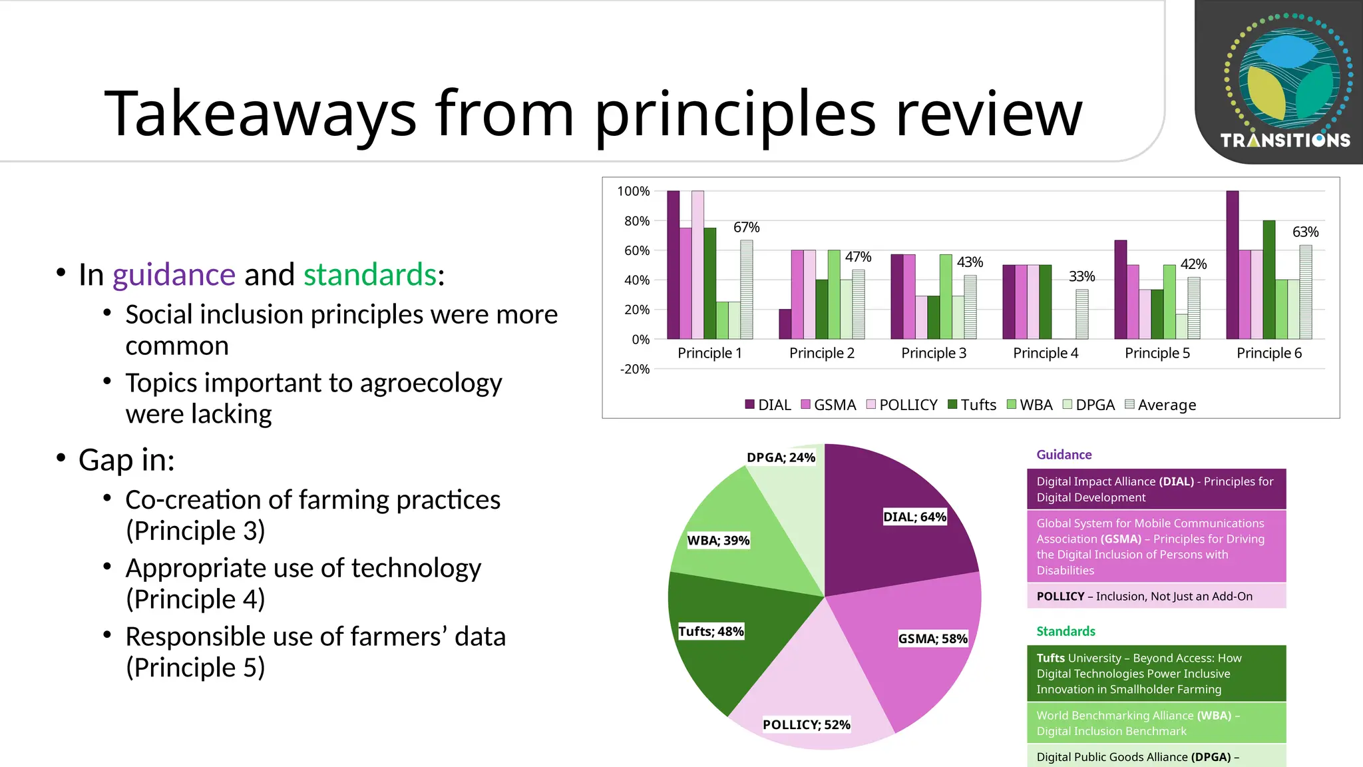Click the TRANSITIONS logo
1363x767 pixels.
[1284, 80]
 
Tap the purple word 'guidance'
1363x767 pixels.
[174, 275]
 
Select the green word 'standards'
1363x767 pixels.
[369, 275]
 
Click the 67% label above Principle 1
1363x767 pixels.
[746, 228]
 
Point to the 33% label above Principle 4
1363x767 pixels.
[1081, 276]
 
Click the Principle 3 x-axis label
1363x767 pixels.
[933, 354]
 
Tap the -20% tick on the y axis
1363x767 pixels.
[634, 370]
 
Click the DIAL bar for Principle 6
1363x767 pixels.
[1232, 266]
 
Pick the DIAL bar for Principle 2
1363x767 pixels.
[785, 324]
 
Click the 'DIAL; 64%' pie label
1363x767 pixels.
[914, 517]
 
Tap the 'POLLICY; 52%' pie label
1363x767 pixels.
[806, 724]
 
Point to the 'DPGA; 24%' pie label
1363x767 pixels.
[781, 457]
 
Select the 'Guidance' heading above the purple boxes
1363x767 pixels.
[1064, 455]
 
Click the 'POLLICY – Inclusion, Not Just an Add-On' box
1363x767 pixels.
[1155, 597]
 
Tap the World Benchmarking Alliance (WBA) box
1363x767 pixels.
[1155, 723]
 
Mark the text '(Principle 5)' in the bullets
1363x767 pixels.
[195, 668]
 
